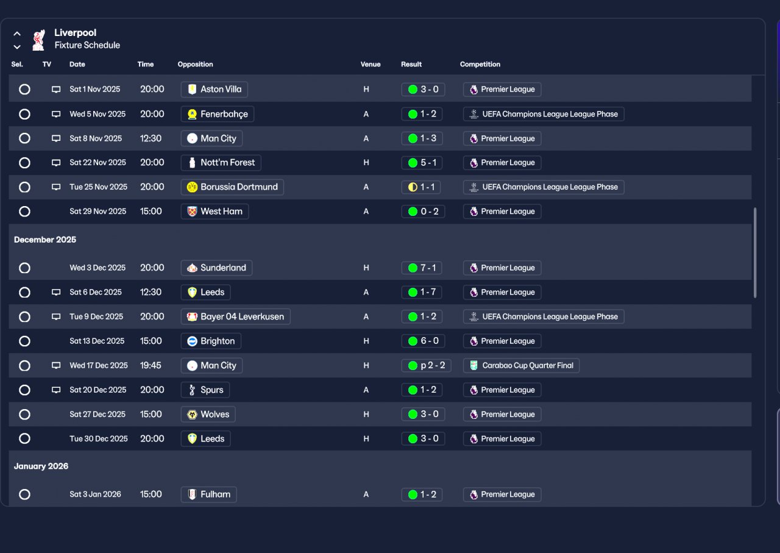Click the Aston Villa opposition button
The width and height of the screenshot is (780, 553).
tap(214, 90)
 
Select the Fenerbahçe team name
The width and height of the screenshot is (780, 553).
tap(218, 114)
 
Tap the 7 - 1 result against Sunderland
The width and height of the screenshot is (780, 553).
tap(422, 268)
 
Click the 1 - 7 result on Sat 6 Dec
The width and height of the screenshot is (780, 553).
tap(422, 292)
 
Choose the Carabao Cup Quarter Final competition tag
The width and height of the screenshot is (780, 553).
tap(521, 366)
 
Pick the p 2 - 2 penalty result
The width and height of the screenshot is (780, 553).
tap(426, 366)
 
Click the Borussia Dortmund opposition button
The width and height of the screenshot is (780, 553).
tap(232, 187)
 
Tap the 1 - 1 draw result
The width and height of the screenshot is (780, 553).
tap(422, 187)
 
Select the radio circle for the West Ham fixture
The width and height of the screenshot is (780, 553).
tap(24, 212)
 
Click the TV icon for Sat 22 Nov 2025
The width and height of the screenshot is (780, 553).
tap(56, 163)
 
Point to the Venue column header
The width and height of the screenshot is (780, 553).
tap(370, 65)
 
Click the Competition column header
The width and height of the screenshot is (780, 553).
tap(480, 65)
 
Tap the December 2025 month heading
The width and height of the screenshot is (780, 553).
tap(45, 240)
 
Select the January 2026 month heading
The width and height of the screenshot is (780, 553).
tap(41, 466)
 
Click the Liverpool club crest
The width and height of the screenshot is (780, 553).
tap(39, 39)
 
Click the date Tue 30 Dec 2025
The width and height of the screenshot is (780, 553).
tap(99, 439)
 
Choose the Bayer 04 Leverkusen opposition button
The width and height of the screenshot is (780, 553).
tap(235, 317)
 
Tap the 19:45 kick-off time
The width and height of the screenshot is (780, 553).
tap(151, 366)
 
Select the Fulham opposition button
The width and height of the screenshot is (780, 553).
tap(209, 494)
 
